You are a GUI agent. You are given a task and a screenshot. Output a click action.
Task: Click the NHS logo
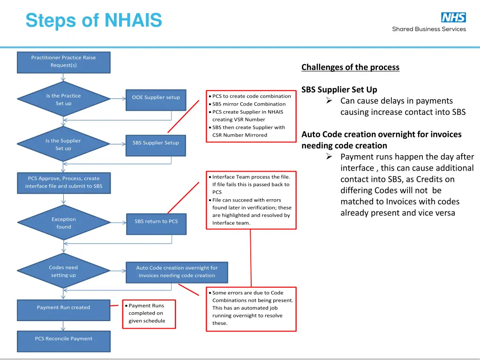pos(453,17)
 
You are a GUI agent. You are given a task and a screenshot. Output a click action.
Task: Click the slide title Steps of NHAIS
pos(94,21)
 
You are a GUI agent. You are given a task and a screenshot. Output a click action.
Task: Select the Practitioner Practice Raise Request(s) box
pos(64,62)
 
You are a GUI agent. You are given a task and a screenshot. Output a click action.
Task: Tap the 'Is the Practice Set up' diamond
pos(64,99)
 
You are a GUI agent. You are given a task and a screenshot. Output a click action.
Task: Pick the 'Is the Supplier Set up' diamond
pos(64,144)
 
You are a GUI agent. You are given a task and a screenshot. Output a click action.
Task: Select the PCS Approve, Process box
pos(64,182)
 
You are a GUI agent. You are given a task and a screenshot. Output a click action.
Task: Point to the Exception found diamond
pos(64,223)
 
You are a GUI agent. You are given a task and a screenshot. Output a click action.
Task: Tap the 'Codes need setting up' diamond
pos(64,271)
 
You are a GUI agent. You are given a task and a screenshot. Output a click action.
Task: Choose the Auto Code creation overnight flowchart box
pos(177,272)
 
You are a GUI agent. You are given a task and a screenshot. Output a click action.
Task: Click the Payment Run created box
pos(64,307)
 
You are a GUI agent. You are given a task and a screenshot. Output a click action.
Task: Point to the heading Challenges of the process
pos(350,67)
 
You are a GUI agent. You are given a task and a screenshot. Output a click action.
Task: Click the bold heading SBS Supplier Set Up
pos(339,90)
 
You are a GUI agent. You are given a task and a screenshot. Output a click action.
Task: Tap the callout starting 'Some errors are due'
pos(251,308)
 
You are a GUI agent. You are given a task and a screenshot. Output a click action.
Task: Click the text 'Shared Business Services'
pos(429,29)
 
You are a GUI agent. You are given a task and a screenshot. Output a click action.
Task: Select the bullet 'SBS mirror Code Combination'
pos(248,104)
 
